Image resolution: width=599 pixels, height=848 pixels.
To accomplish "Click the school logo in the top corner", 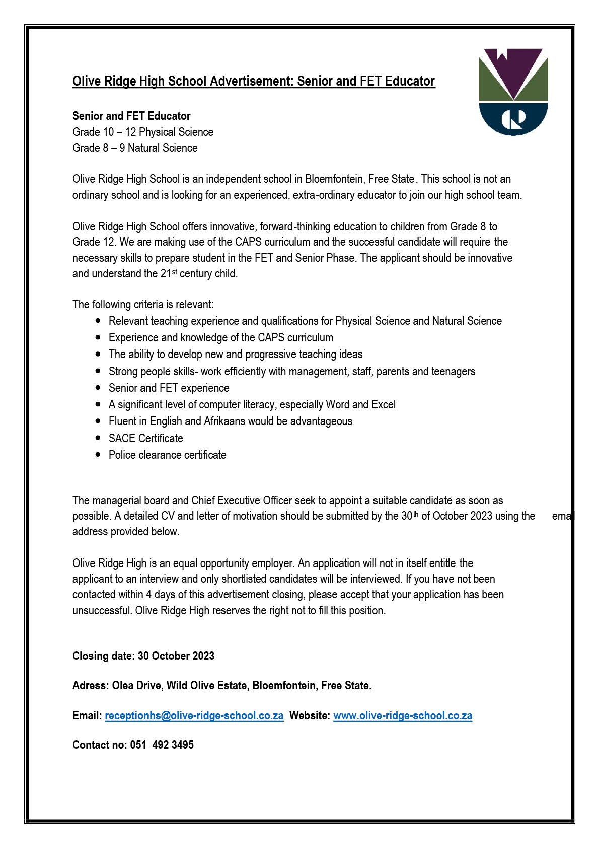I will pyautogui.click(x=513, y=92).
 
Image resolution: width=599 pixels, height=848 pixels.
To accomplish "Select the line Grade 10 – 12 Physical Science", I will pyautogui.click(x=143, y=132).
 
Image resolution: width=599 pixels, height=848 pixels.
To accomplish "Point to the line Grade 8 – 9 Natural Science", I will pyautogui.click(x=135, y=148).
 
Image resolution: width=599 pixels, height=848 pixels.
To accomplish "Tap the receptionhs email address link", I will pyautogui.click(x=194, y=715).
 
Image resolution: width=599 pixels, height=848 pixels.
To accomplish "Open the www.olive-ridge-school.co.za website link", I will pyautogui.click(x=402, y=715).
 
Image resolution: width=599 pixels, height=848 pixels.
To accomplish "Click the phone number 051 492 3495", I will pyautogui.click(x=162, y=745).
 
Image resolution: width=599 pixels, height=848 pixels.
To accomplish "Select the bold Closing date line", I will pyautogui.click(x=143, y=656).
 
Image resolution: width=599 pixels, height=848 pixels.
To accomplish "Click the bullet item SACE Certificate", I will pyautogui.click(x=145, y=438).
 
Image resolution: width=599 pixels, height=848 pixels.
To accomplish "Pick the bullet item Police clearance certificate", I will pyautogui.click(x=167, y=455).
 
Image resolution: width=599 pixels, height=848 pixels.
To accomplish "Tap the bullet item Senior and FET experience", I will pyautogui.click(x=169, y=388).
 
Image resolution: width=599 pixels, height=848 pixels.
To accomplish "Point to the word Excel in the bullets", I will pyautogui.click(x=383, y=404).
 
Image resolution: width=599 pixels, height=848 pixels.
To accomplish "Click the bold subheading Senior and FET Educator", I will pyautogui.click(x=131, y=116).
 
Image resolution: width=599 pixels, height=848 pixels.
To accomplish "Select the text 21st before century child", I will pyautogui.click(x=169, y=273).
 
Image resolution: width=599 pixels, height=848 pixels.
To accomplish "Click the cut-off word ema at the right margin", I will pyautogui.click(x=561, y=516).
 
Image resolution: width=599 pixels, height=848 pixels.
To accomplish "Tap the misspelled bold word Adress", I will pyautogui.click(x=90, y=685).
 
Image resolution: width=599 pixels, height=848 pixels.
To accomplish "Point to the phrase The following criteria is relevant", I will pyautogui.click(x=143, y=304).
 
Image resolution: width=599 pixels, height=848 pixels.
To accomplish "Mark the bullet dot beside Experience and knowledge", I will pyautogui.click(x=98, y=337).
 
